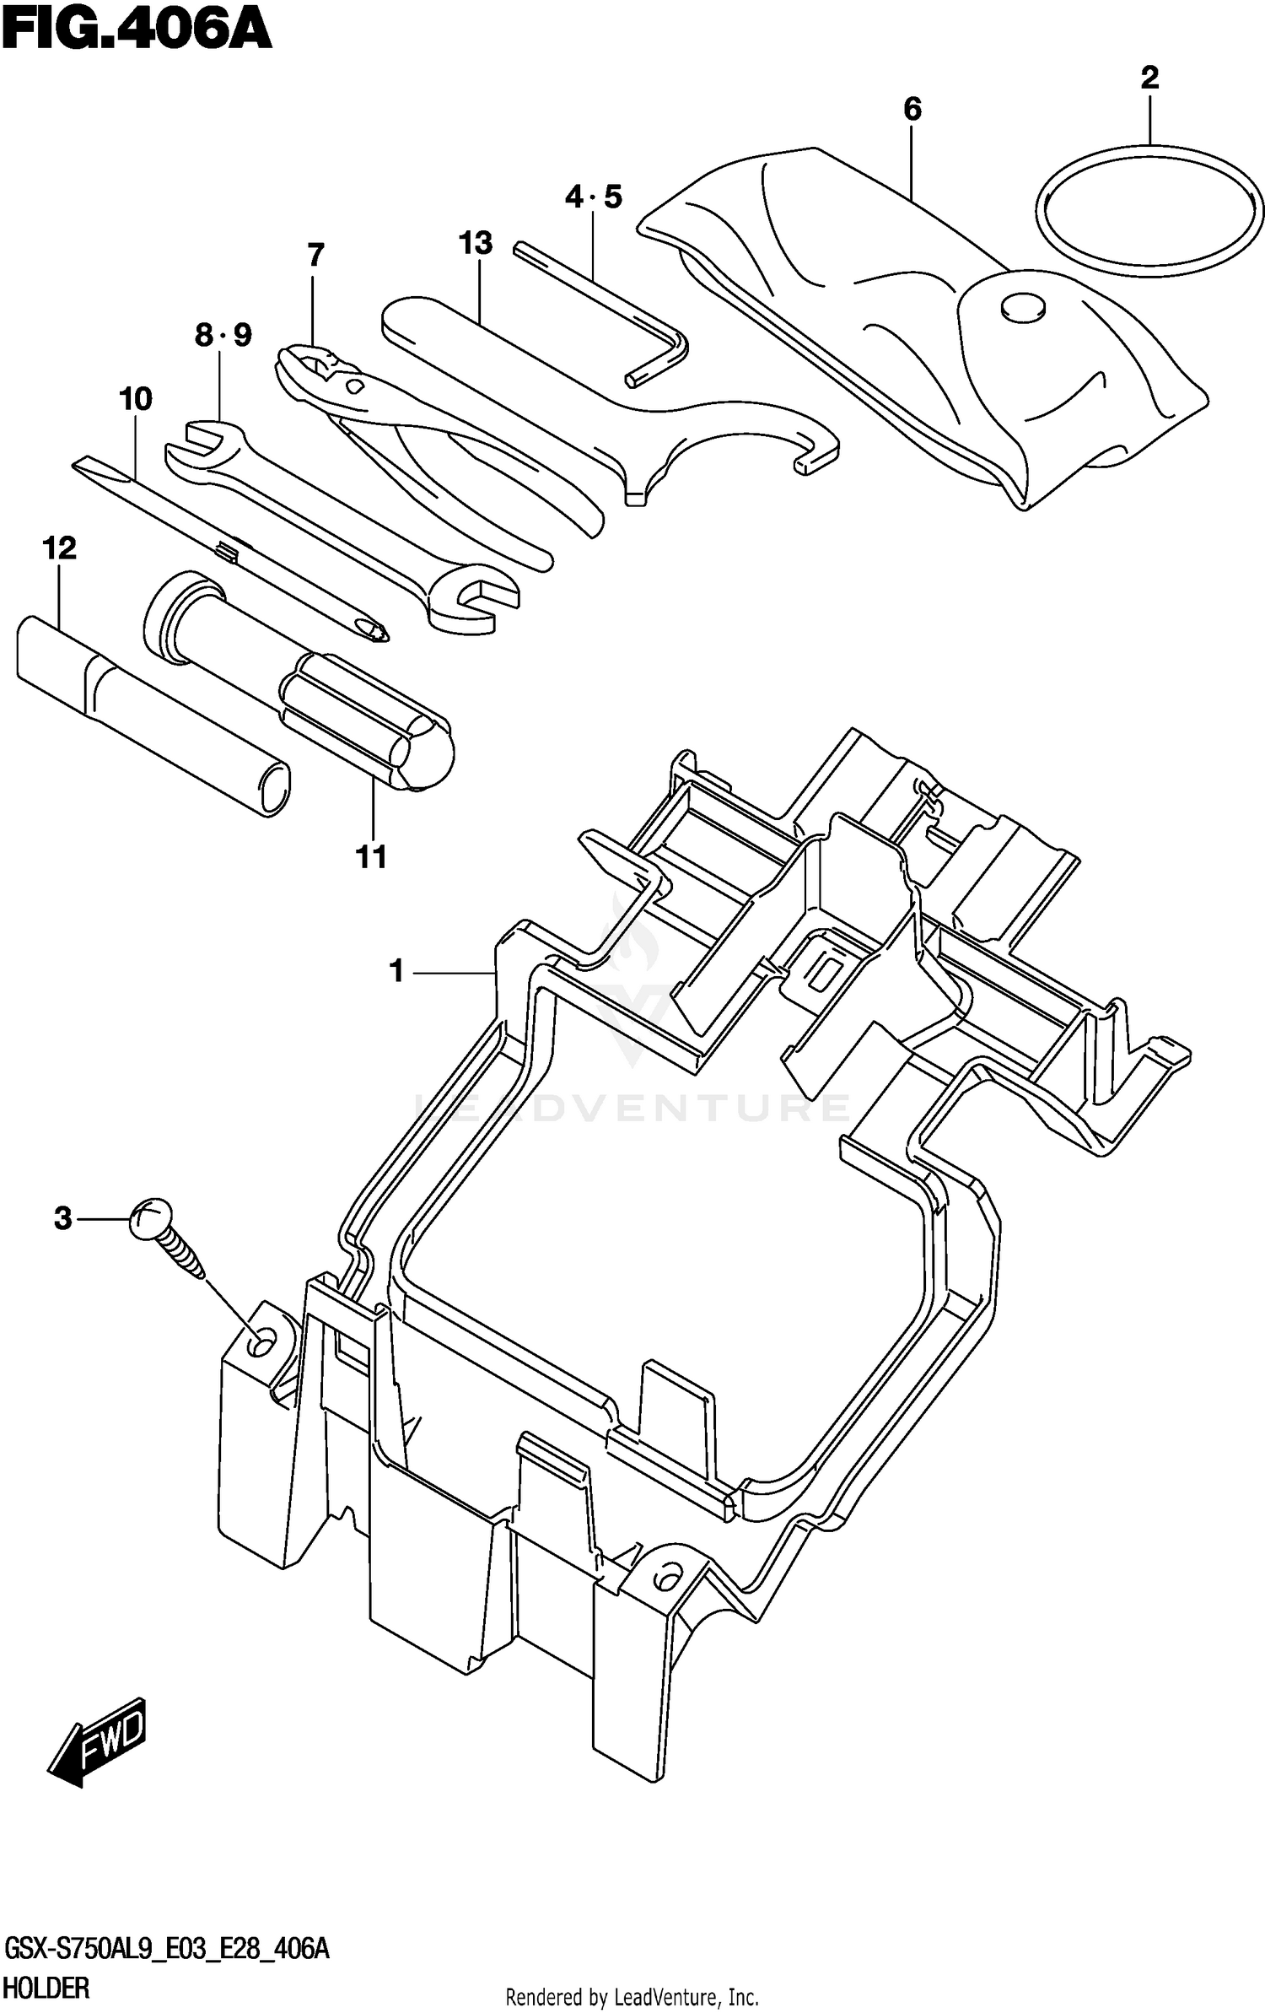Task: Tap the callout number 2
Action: tap(1149, 78)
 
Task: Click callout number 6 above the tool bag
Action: tap(912, 109)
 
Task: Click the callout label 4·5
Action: tap(593, 197)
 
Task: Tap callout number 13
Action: tap(476, 243)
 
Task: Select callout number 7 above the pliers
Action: tap(315, 255)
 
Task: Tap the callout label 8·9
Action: tap(223, 336)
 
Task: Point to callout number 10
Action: tap(136, 398)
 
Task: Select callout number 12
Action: tap(59, 548)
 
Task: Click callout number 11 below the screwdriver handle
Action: tap(371, 857)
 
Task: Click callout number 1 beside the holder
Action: tap(396, 971)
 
